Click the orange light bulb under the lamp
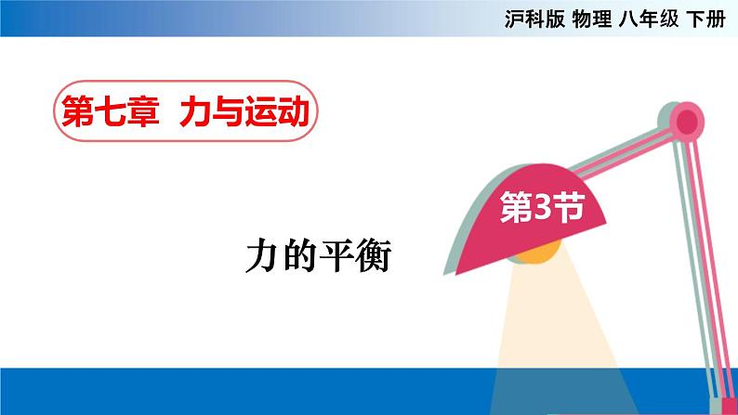pyautogui.click(x=538, y=253)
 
